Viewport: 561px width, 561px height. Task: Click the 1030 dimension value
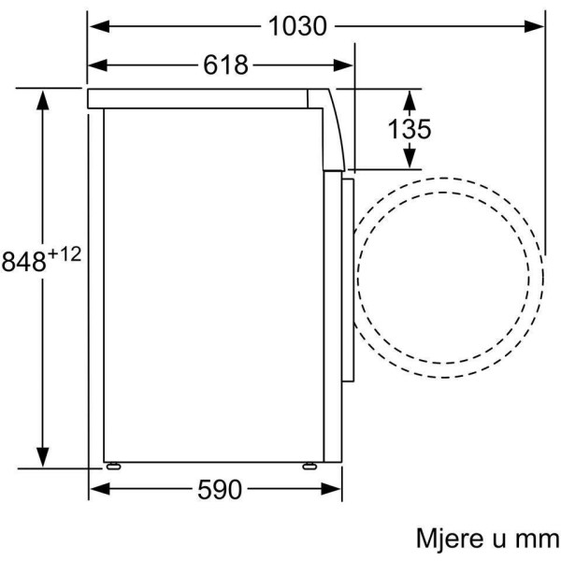[297, 26]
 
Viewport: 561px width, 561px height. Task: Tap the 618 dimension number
[225, 65]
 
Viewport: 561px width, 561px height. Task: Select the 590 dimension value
[220, 489]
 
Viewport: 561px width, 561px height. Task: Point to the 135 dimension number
[410, 129]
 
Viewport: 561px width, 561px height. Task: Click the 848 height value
[24, 261]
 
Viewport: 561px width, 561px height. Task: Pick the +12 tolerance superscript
[65, 254]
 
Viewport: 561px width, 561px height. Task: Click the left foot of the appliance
[113, 466]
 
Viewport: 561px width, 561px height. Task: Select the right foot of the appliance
[309, 466]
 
